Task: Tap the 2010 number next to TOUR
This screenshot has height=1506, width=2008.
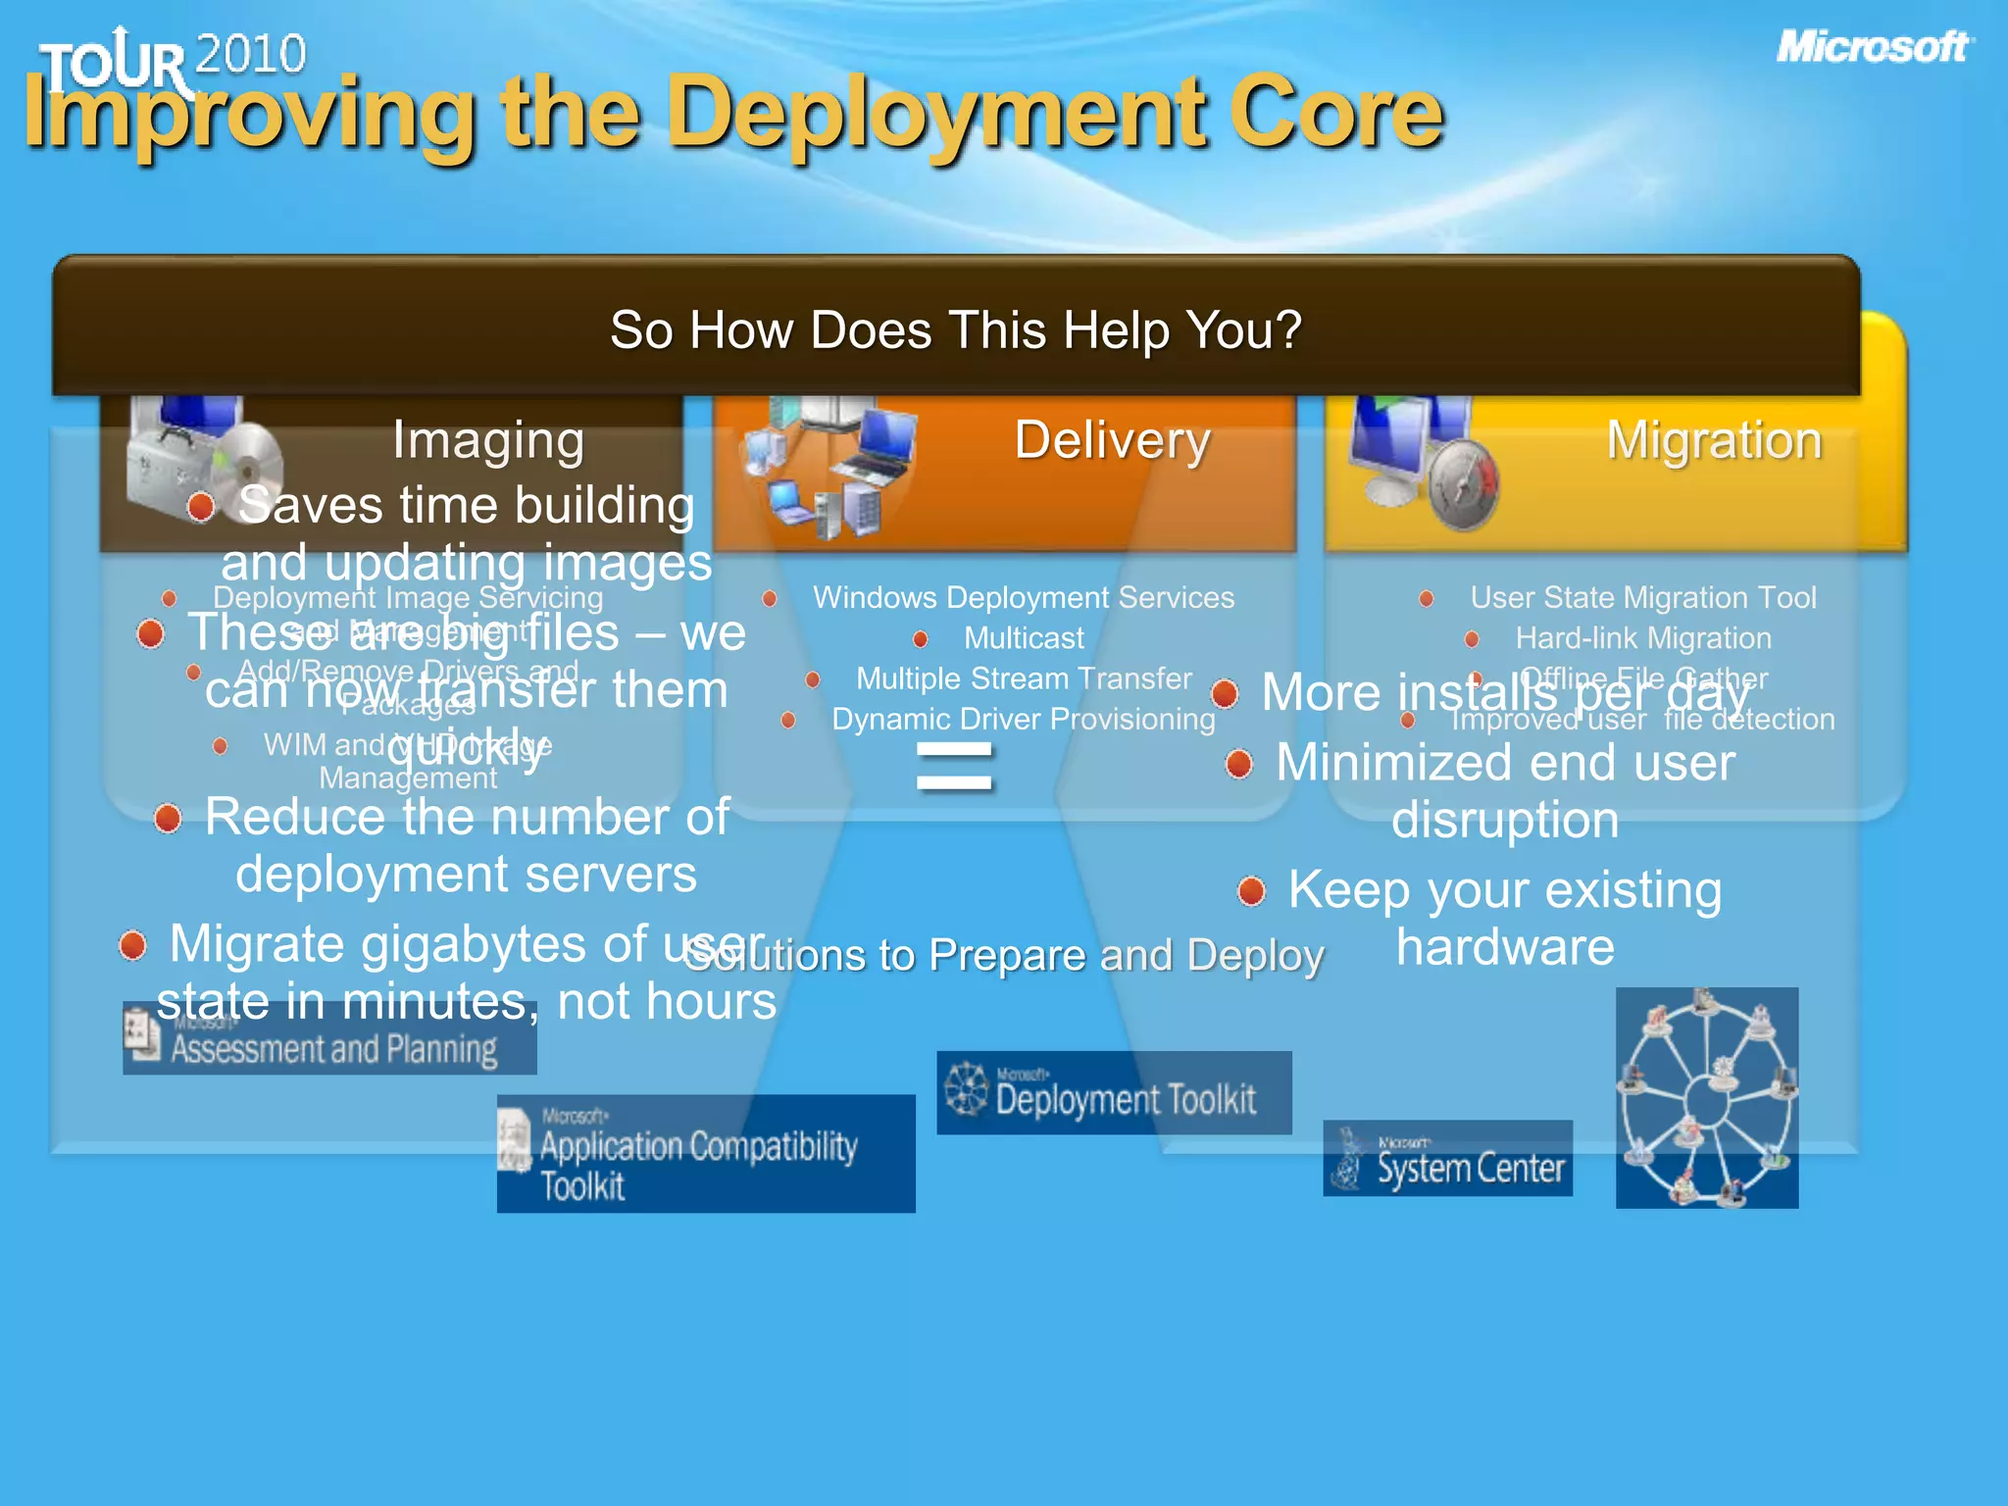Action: point(251,54)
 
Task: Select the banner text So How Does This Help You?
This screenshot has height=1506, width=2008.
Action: point(955,329)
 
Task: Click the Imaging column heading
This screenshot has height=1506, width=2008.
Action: point(488,440)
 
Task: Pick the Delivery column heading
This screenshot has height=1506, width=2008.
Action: point(1112,440)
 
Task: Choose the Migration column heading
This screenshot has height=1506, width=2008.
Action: point(1714,440)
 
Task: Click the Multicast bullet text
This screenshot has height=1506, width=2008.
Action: point(1024,638)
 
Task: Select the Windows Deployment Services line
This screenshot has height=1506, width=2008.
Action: point(1023,597)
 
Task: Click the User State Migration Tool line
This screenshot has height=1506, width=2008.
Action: point(1642,597)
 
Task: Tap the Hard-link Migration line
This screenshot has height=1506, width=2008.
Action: point(1642,638)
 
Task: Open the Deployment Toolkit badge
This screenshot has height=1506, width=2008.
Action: point(1114,1093)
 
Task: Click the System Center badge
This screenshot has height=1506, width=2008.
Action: point(1447,1159)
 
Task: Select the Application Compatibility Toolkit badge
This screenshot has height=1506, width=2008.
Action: point(706,1154)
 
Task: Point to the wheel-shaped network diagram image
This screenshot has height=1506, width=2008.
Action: point(1706,1097)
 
